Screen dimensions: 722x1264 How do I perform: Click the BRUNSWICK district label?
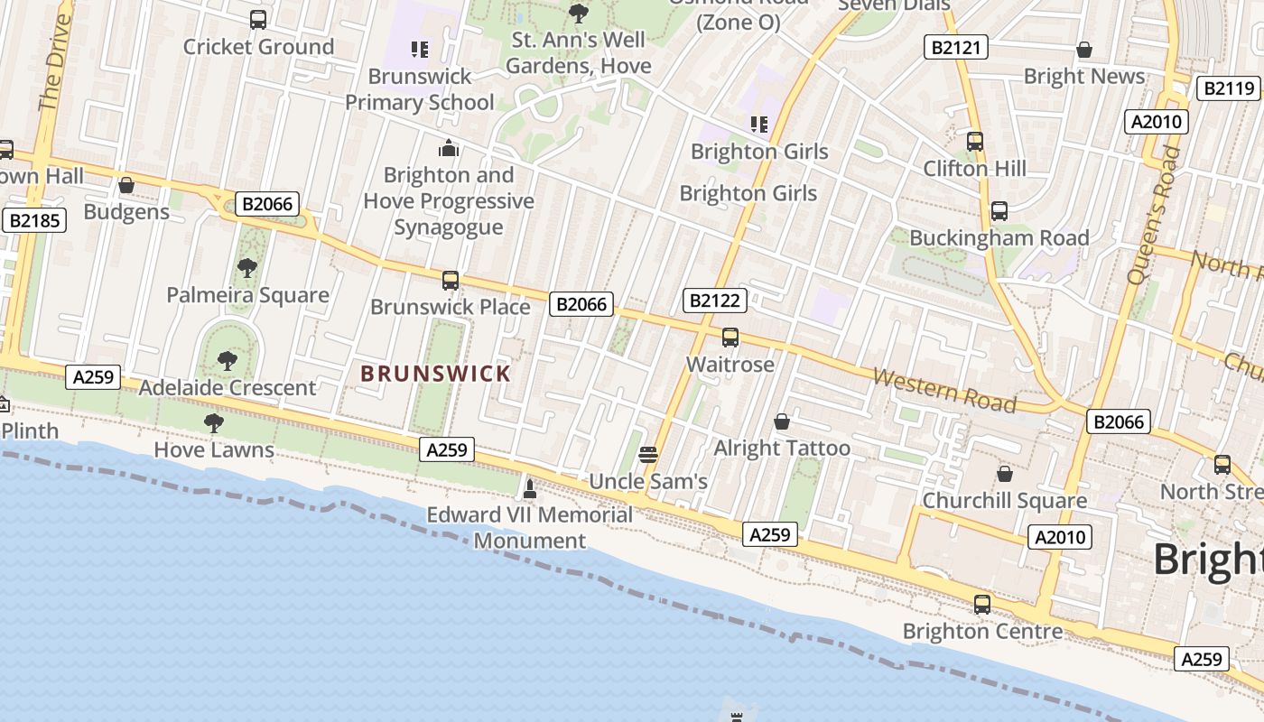[435, 373]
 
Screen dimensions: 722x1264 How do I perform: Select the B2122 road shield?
[714, 301]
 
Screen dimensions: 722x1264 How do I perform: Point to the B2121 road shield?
[955, 47]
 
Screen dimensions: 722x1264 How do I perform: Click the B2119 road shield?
[1229, 88]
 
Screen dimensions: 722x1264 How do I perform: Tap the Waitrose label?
[730, 365]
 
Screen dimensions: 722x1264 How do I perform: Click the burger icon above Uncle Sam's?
[647, 454]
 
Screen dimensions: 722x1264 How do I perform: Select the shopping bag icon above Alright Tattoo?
[782, 421]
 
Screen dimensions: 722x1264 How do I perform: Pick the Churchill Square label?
[1004, 501]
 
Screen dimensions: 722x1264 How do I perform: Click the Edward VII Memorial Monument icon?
[530, 489]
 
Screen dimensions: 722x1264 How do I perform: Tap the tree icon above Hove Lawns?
[214, 422]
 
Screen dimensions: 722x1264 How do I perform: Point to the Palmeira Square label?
[247, 295]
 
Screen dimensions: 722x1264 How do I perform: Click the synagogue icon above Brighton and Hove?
[449, 148]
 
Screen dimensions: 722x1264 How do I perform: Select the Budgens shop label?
[126, 212]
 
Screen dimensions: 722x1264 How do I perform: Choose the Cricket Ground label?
[258, 47]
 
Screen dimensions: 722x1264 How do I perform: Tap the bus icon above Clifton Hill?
[974, 141]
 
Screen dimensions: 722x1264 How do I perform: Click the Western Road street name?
[944, 390]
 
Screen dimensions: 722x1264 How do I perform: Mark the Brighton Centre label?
[982, 632]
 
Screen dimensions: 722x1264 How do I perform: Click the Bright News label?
[1083, 77]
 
